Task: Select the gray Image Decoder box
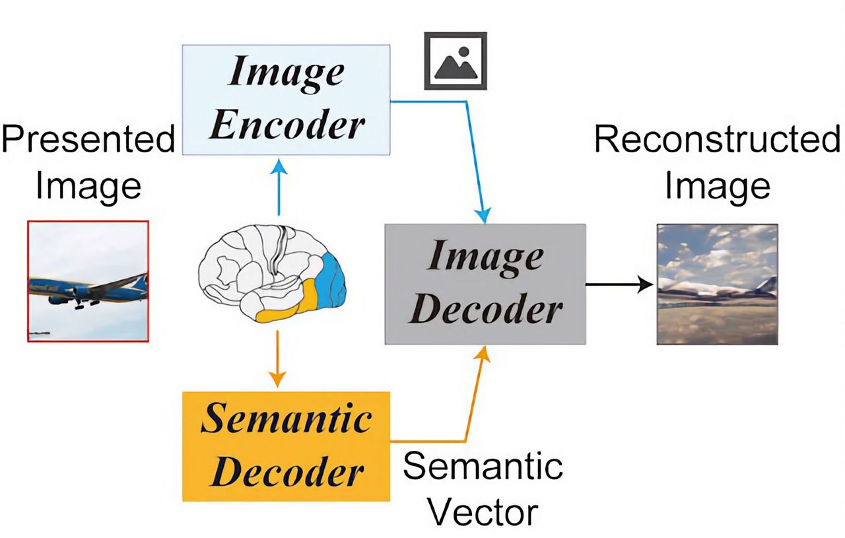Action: [x=485, y=283]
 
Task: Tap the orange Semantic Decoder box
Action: [x=286, y=446]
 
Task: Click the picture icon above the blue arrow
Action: [x=455, y=60]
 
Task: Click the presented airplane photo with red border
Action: [x=88, y=281]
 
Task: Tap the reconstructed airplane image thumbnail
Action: [x=716, y=284]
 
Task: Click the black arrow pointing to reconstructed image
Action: [x=618, y=285]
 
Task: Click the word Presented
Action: [x=88, y=139]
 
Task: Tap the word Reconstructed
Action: [x=717, y=139]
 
